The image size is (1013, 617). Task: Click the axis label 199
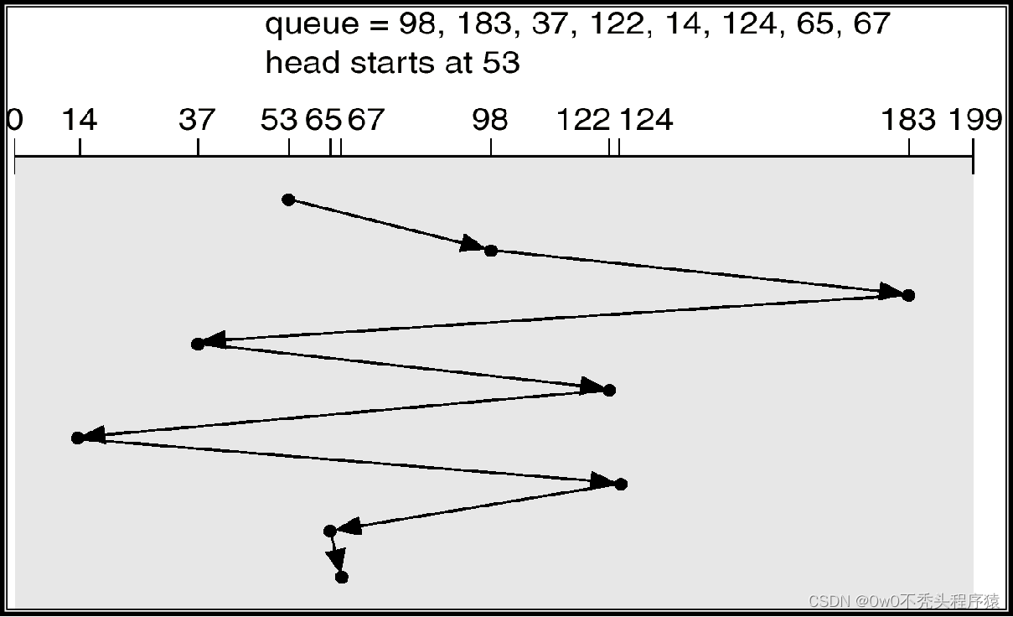[974, 121]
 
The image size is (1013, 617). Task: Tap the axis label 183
[908, 121]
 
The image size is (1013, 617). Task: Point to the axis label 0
[14, 121]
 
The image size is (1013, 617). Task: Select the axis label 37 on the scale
[197, 121]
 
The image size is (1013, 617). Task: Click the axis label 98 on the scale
[490, 121]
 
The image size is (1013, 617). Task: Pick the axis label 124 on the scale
[646, 121]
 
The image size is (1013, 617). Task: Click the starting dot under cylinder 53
[288, 200]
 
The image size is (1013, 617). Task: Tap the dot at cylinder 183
[909, 295]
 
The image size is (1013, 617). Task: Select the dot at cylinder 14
[78, 438]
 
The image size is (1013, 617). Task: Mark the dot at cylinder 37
[198, 344]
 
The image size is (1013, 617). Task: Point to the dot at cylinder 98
[491, 250]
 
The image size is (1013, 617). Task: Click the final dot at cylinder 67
[341, 577]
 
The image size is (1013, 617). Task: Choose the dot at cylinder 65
[329, 531]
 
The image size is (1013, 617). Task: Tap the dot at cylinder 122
[609, 390]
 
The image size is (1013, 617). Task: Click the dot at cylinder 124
[620, 484]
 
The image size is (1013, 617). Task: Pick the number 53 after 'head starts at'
[501, 62]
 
